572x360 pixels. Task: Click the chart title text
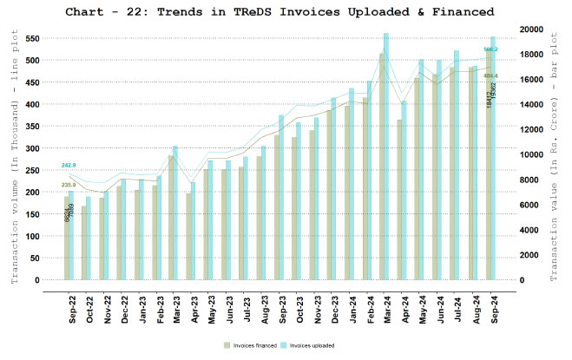coord(286,12)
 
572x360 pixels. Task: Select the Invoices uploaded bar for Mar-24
coord(386,156)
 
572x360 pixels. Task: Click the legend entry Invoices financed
coord(252,345)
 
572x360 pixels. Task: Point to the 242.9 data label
coord(69,165)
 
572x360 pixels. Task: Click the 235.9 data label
coord(69,185)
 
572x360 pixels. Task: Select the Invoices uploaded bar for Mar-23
coord(176,213)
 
